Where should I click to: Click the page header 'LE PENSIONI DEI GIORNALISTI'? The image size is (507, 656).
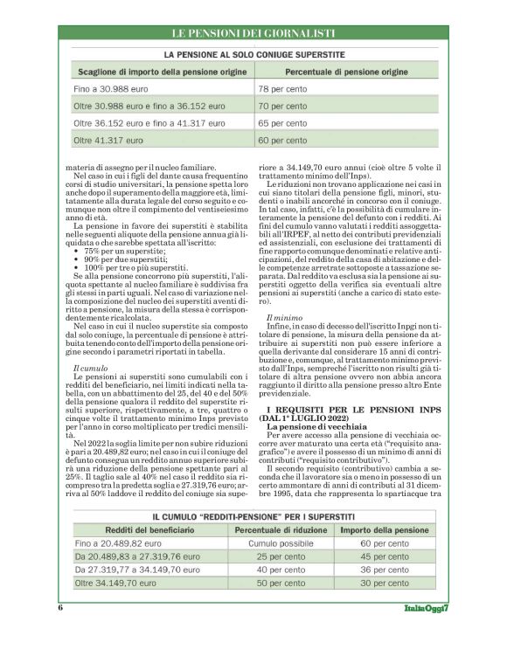pos(253,33)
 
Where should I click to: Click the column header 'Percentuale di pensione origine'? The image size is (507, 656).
pos(345,71)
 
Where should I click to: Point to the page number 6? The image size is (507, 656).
pos(60,607)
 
